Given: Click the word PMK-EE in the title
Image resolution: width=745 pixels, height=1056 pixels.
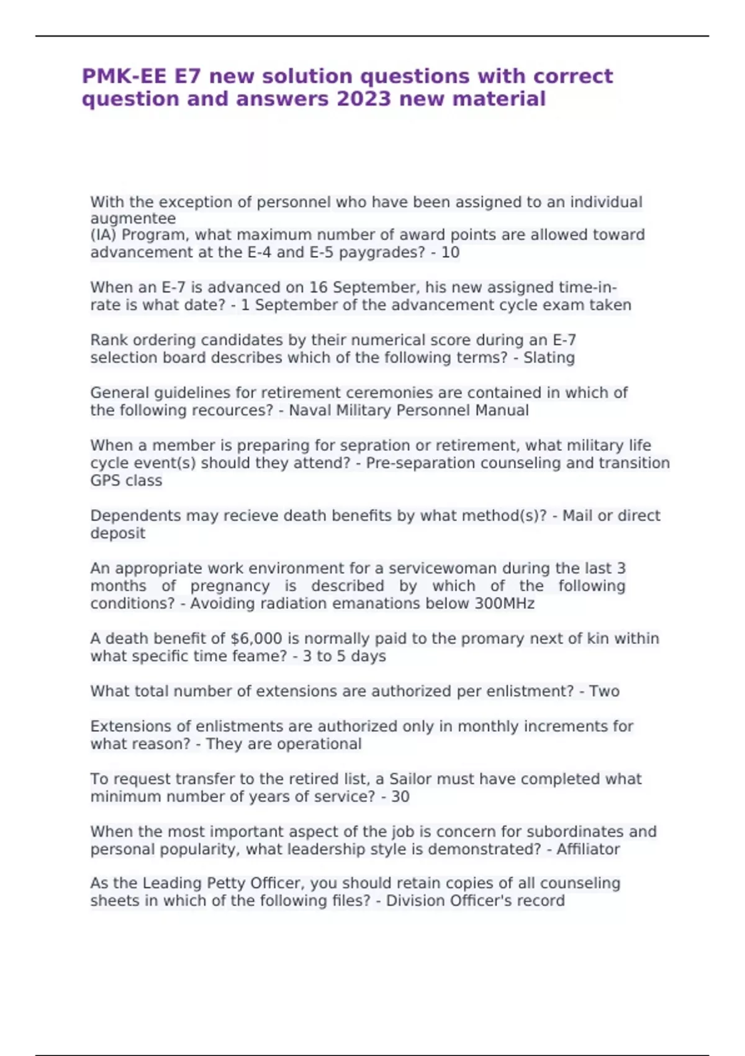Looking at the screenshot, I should tap(124, 76).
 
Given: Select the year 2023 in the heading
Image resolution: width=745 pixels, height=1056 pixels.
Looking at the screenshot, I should tap(364, 99).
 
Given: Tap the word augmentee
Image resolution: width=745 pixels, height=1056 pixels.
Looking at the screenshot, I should tap(133, 219).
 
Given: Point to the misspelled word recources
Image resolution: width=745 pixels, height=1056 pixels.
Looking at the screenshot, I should tap(225, 411).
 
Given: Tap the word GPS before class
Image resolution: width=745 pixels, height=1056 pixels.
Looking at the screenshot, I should tap(106, 481).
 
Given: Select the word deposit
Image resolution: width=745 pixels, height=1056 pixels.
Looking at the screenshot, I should tap(118, 534).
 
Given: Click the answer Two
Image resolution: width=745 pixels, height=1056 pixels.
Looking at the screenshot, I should tap(604, 691).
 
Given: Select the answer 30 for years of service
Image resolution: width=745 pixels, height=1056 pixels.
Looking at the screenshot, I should tap(400, 797).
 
